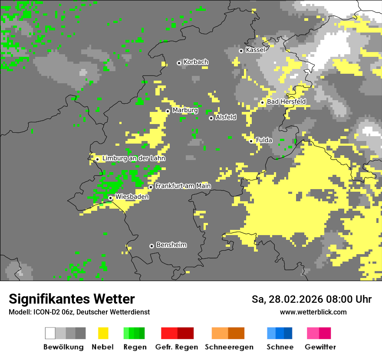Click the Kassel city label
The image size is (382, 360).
[x=255, y=50]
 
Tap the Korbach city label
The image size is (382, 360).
[x=196, y=62]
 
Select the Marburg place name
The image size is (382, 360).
[x=185, y=110]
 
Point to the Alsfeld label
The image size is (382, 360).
[x=226, y=117]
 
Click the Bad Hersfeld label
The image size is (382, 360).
[x=286, y=101]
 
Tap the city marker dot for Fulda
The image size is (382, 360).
[x=251, y=141]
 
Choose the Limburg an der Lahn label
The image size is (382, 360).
[x=134, y=158]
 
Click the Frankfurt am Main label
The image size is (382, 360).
[x=183, y=186]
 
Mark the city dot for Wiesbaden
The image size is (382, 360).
[x=111, y=198]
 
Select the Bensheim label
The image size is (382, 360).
[x=171, y=245]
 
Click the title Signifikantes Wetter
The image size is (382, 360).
[x=72, y=299]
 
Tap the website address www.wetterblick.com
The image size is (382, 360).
[x=313, y=312]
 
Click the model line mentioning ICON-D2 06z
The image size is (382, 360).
[x=79, y=312]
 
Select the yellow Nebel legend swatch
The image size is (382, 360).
[x=103, y=333]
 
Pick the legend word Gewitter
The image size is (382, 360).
[x=320, y=347]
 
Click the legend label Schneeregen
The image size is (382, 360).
[x=229, y=347]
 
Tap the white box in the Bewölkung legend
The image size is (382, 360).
[x=50, y=333]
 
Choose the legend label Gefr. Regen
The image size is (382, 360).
[x=176, y=347]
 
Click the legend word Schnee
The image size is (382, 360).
[x=280, y=347]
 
